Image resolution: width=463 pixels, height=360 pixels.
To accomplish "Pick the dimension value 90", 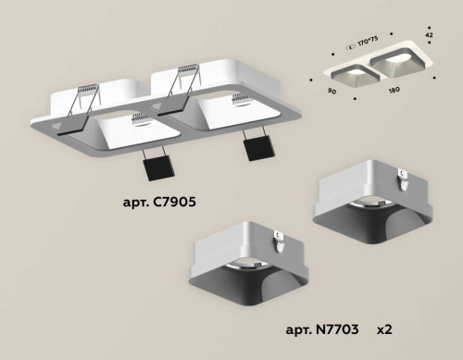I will [x=331, y=93].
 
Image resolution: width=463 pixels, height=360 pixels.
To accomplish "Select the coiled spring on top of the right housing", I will [x=188, y=71].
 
